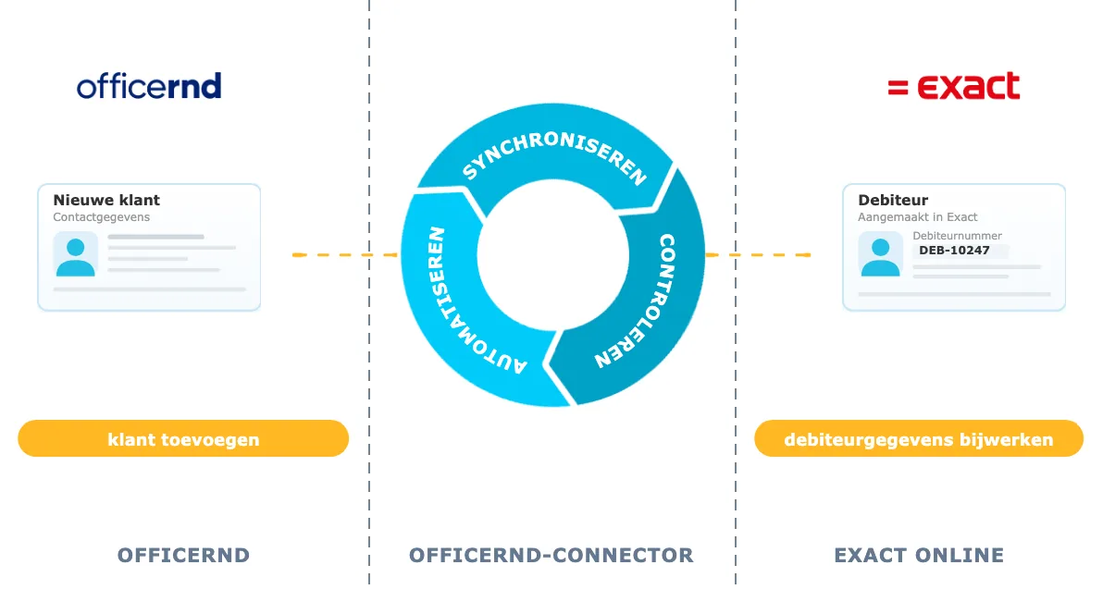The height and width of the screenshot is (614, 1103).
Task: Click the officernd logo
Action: (149, 86)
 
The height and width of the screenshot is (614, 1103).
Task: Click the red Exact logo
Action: (953, 86)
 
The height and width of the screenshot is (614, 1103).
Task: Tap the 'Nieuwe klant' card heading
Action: (106, 200)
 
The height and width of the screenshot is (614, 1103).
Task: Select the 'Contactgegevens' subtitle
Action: (101, 217)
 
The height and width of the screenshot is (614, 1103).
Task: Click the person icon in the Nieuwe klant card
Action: (75, 254)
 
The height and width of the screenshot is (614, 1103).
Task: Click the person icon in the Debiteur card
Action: (880, 254)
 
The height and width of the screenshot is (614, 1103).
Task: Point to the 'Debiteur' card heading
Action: (893, 200)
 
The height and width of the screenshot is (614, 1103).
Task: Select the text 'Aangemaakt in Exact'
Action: (917, 217)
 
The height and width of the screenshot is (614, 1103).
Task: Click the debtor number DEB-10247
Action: (954, 251)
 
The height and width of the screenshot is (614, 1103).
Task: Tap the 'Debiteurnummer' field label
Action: (957, 236)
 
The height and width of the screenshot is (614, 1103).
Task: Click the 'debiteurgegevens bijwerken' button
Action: (919, 439)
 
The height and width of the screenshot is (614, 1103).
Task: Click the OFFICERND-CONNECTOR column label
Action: (551, 555)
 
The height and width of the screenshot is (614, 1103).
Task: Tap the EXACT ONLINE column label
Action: (919, 555)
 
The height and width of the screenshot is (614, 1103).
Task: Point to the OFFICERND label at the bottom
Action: (183, 555)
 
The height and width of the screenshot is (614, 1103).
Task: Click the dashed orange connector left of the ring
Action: (344, 254)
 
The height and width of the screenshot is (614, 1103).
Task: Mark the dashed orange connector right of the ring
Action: (759, 254)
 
